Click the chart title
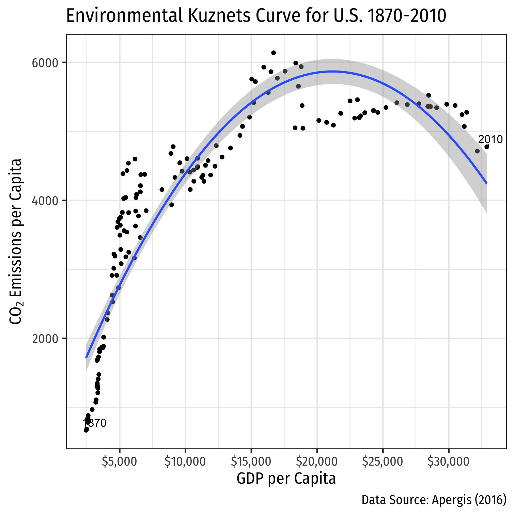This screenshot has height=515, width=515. point(256,16)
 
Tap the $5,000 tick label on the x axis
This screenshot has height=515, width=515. point(120,462)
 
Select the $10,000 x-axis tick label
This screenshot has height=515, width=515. point(185,462)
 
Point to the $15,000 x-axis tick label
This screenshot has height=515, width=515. point(251,462)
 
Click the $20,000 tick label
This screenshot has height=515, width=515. point(317,462)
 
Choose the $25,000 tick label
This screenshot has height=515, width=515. point(383,462)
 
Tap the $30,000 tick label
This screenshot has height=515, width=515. point(449,462)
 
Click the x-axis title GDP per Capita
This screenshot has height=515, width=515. point(286,479)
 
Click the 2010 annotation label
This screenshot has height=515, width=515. point(490,139)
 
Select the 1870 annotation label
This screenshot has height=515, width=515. point(95,423)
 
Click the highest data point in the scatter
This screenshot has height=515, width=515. point(274,53)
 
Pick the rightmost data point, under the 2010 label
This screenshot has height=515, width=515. point(487,147)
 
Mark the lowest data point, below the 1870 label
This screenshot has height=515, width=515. point(86,430)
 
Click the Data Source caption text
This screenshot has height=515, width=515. point(434,500)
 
